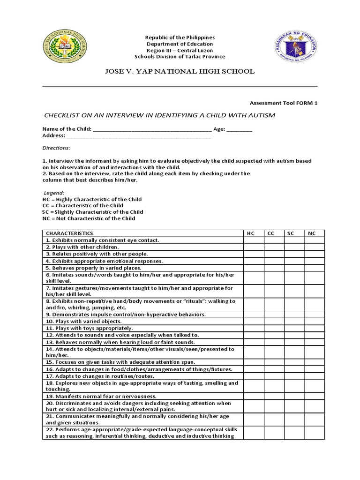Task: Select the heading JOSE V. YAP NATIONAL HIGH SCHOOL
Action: click(x=180, y=71)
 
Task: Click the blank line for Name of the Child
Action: click(x=153, y=129)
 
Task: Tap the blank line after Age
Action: click(x=239, y=129)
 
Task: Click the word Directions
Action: click(x=56, y=148)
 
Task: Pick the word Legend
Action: click(x=54, y=193)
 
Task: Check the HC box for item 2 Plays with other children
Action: click(x=253, y=247)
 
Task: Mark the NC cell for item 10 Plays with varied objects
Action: click(x=313, y=321)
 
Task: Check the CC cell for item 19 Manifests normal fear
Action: click(x=273, y=396)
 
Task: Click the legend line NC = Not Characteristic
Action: click(x=89, y=218)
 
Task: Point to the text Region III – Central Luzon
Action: click(x=180, y=50)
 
